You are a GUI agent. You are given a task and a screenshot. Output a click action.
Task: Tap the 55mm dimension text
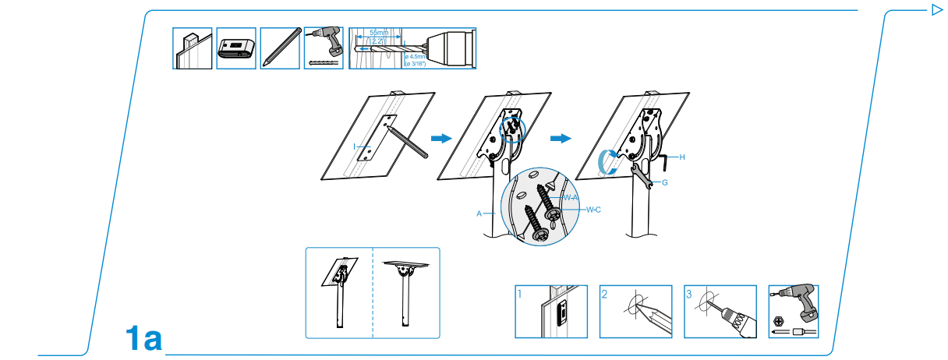coord(380,33)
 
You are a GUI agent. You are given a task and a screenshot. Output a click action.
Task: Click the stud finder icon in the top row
coord(235,49)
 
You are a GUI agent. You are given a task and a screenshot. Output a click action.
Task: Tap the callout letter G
coord(664,183)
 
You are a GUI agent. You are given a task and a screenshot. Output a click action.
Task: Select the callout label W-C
coord(593,208)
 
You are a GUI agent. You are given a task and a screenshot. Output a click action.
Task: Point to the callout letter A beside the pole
coord(479,212)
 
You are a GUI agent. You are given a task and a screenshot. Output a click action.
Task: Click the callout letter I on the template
coord(354,146)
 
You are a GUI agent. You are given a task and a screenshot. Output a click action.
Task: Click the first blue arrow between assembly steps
coord(441,138)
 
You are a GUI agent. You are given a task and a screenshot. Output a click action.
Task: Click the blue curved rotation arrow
coord(603,161)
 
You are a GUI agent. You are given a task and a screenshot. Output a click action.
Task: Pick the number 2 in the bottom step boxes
coord(604,295)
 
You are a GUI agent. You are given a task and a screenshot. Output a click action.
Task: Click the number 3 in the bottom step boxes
coord(689,295)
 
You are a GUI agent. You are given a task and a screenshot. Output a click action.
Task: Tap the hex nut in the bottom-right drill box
coord(778,319)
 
